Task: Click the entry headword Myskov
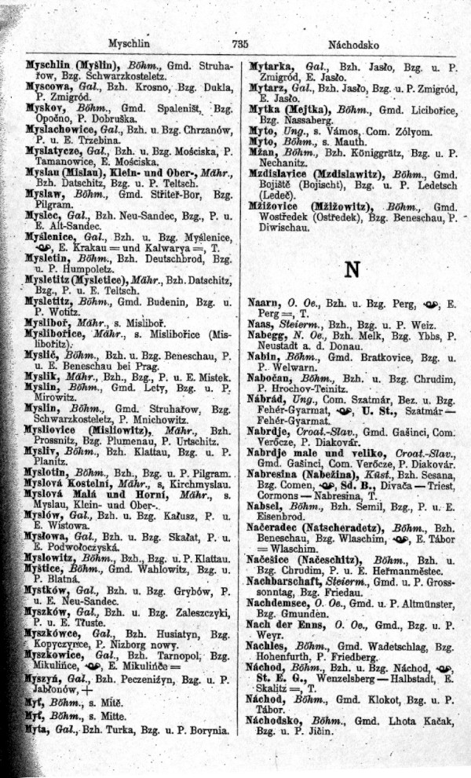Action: coord(44,106)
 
